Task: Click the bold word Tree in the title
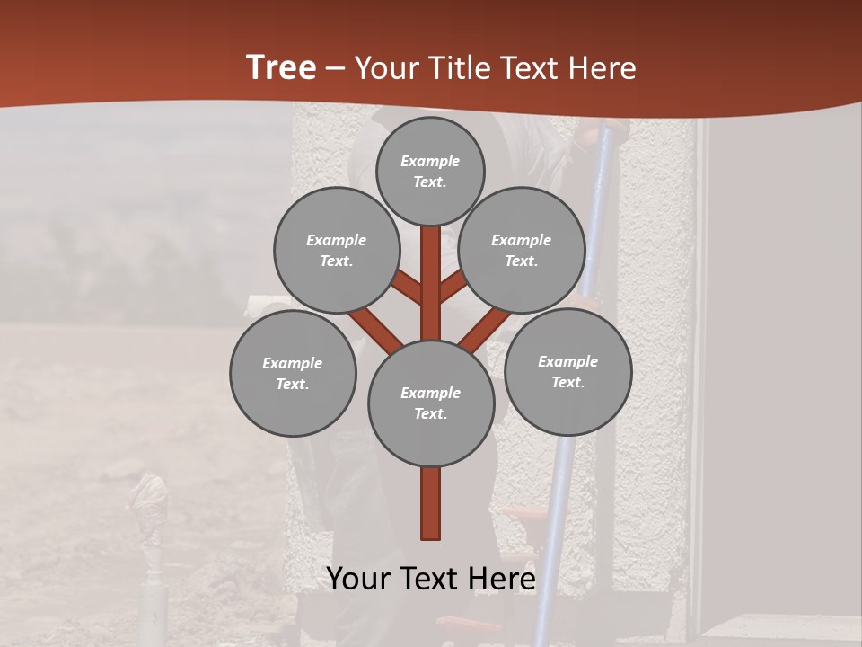[281, 67]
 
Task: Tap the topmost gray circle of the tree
[430, 171]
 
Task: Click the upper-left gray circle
[337, 250]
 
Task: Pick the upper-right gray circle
[522, 250]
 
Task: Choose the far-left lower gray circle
[293, 373]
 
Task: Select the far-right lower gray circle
[567, 371]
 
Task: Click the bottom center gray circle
[431, 403]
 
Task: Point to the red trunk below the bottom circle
[431, 503]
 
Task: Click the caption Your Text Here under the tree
[431, 579]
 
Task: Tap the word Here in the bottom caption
[500, 579]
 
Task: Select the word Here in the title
[603, 68]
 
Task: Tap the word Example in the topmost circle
[430, 161]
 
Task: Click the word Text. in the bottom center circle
[430, 413]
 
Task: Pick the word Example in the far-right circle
[567, 361]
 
